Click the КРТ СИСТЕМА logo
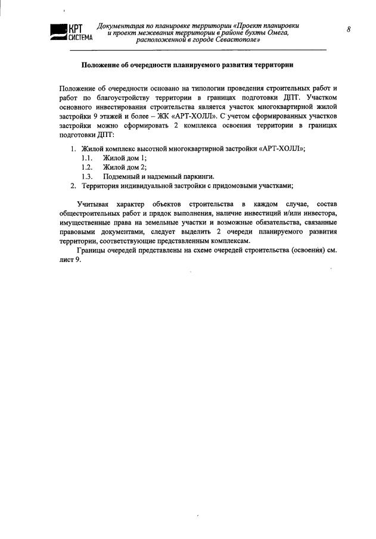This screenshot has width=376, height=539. point(68,33)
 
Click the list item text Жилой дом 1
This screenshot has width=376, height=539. point(124,157)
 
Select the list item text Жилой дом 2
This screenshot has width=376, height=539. point(124,167)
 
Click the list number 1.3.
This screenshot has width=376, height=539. point(88,176)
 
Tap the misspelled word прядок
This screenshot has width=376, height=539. point(148,213)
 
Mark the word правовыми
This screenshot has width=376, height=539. point(79,232)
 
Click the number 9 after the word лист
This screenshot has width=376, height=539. point(77,260)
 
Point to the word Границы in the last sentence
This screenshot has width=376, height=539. point(93,250)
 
